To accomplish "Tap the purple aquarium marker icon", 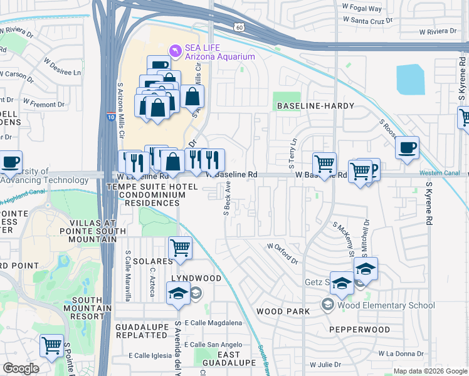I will [x=176, y=49].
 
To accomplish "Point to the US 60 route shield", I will [x=239, y=26].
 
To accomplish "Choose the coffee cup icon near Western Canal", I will [x=408, y=148].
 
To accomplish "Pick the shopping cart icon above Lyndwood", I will [x=180, y=248].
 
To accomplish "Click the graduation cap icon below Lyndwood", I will [x=178, y=293].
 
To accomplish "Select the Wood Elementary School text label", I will [x=386, y=305].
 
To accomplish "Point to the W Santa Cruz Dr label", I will [x=371, y=20].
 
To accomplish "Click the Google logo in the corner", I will [x=21, y=368].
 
